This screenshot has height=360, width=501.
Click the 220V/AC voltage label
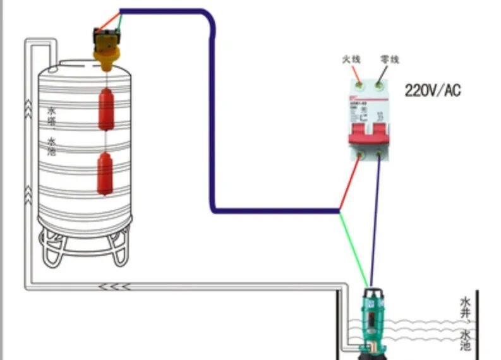(x=433, y=91)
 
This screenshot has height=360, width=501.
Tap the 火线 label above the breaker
(x=351, y=59)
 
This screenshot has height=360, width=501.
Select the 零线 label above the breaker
(x=390, y=59)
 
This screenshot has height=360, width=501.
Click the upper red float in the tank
(x=106, y=108)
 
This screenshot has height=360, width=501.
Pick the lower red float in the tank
(x=105, y=173)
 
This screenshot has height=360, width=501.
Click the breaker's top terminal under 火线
(x=358, y=83)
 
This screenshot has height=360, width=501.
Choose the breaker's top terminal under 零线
(x=379, y=83)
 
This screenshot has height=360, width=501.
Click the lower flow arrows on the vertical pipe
(x=28, y=189)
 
